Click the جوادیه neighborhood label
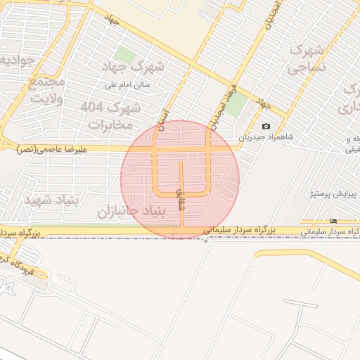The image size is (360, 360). click(15, 62)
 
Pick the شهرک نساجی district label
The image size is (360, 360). click(307, 58)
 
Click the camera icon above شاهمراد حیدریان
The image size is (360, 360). click(265, 127)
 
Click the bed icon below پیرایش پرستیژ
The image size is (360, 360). click(333, 221)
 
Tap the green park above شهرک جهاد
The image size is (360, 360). click(124, 55)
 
